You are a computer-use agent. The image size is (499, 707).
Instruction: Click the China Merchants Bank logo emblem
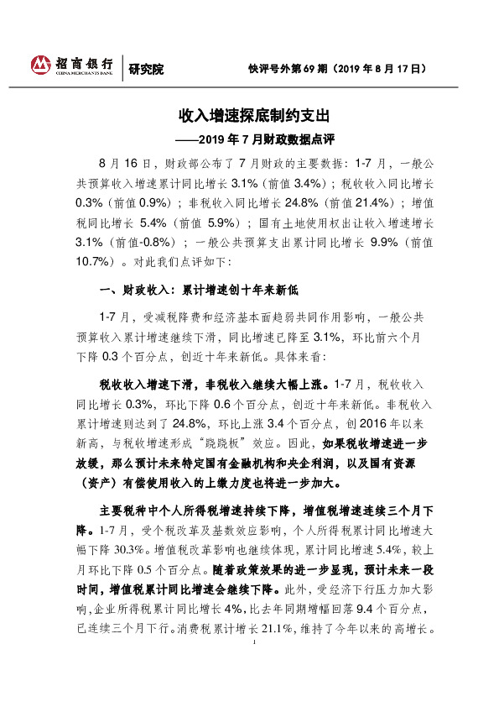(x=42, y=65)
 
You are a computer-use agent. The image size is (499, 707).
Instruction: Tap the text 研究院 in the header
(x=146, y=69)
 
